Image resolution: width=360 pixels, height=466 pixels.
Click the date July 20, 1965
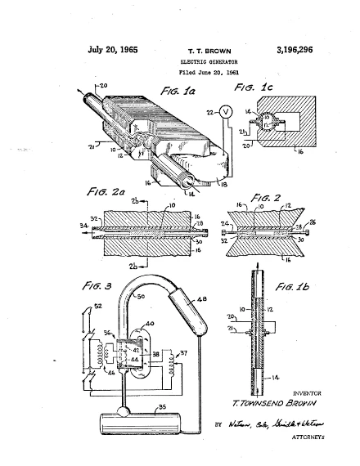(113, 50)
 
